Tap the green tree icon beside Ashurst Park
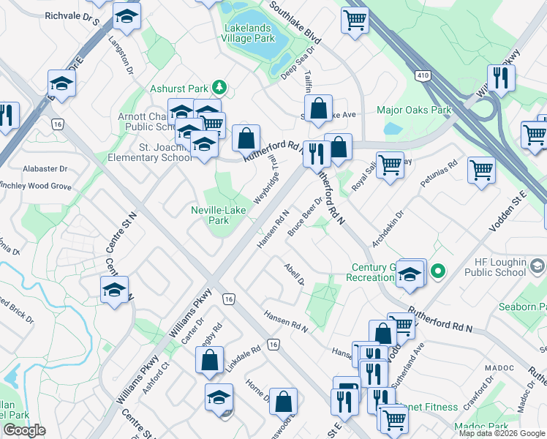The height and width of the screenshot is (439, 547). click(x=219, y=89)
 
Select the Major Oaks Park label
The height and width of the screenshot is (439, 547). click(x=413, y=110)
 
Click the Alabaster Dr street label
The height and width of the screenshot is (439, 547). click(x=45, y=168)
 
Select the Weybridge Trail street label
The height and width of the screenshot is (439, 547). click(x=265, y=180)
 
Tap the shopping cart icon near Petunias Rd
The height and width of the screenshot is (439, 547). click(x=482, y=171)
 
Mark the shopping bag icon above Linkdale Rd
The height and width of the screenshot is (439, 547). click(x=209, y=360)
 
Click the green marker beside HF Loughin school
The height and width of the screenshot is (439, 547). click(x=438, y=272)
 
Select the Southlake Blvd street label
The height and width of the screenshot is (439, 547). click(x=295, y=21)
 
